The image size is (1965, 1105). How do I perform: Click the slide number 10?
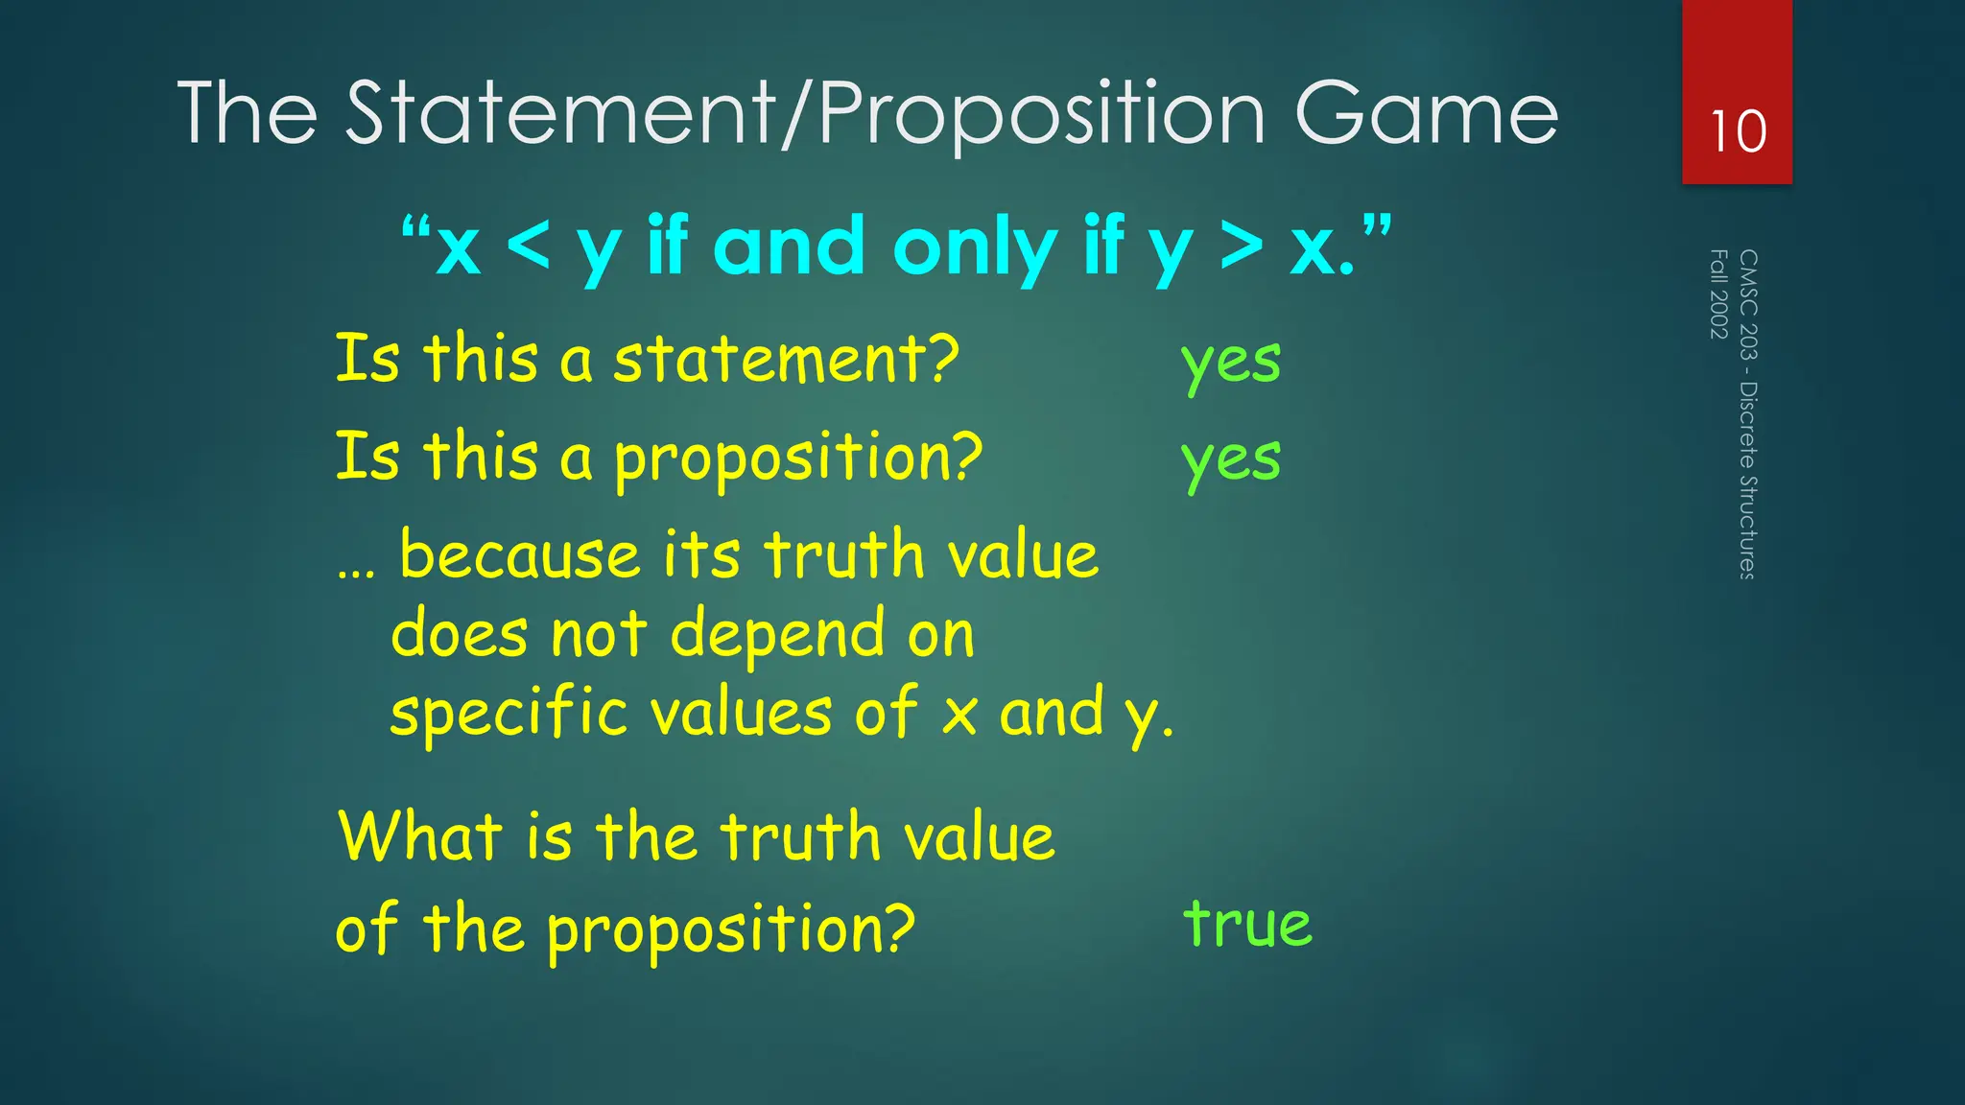point(1738,131)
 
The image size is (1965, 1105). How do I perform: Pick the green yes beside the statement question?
point(1231,363)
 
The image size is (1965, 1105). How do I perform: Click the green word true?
point(1247,923)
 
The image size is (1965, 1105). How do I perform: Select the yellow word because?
point(519,555)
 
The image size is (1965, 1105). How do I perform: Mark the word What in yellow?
point(420,835)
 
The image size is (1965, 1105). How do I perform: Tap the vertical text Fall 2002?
point(1718,294)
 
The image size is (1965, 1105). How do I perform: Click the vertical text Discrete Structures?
point(1748,480)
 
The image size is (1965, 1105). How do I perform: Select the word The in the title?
point(248,115)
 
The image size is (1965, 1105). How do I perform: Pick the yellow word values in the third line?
point(741,715)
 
